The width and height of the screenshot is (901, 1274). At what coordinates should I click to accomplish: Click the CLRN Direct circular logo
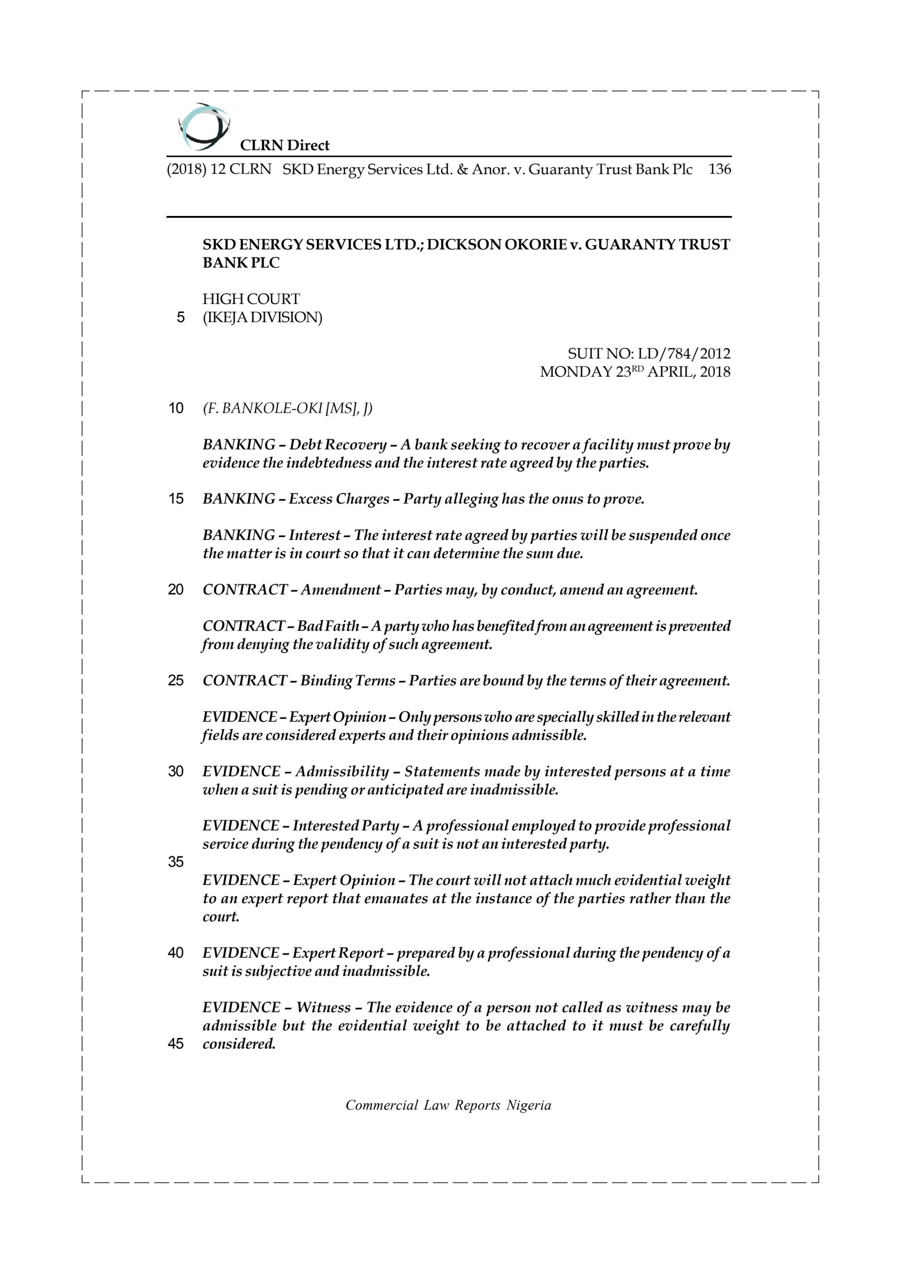pyautogui.click(x=203, y=127)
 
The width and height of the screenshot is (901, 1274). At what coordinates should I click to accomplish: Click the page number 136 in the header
pyautogui.click(x=719, y=169)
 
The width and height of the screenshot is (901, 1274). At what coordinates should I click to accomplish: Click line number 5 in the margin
pyautogui.click(x=180, y=318)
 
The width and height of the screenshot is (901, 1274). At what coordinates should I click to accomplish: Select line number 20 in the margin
pyautogui.click(x=176, y=590)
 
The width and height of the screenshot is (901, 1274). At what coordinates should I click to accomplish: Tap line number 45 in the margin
pyautogui.click(x=176, y=1044)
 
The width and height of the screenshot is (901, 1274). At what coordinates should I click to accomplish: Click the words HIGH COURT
pyautogui.click(x=251, y=299)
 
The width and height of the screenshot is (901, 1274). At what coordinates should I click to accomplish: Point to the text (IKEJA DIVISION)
pyautogui.click(x=262, y=318)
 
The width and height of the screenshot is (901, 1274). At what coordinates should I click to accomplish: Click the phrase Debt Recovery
pyautogui.click(x=338, y=445)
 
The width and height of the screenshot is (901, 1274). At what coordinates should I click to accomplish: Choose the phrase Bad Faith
pyautogui.click(x=328, y=627)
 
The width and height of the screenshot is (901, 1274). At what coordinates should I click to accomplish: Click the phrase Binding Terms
pyautogui.click(x=348, y=681)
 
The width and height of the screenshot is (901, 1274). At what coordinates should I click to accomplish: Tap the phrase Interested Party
pyautogui.click(x=346, y=826)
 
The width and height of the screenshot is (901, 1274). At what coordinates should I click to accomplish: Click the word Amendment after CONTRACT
pyautogui.click(x=341, y=590)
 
